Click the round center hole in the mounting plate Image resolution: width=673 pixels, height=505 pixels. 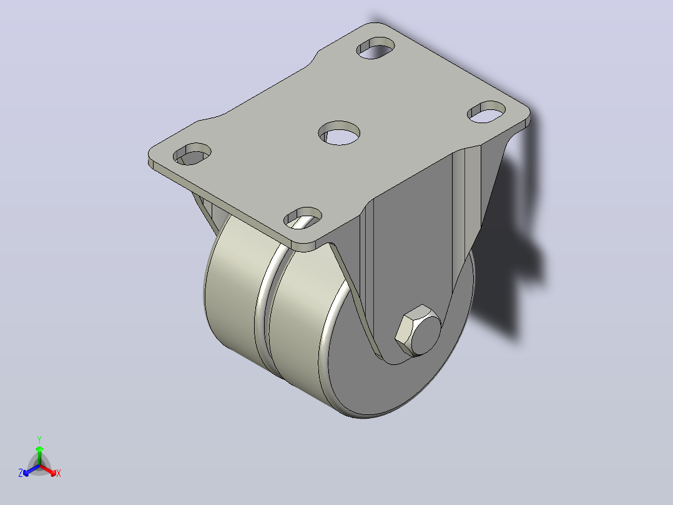(339, 132)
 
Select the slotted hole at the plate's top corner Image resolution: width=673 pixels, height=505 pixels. (376, 47)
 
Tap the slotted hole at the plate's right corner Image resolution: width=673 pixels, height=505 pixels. (486, 112)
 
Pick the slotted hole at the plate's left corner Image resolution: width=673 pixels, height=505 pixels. (192, 154)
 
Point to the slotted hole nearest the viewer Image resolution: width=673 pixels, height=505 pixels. (303, 218)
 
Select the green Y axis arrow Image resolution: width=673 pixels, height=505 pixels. (39, 455)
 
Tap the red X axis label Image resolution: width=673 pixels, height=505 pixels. (59, 473)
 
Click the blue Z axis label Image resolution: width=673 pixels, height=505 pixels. (20, 473)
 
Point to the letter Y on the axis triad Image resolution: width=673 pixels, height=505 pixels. (39, 440)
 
